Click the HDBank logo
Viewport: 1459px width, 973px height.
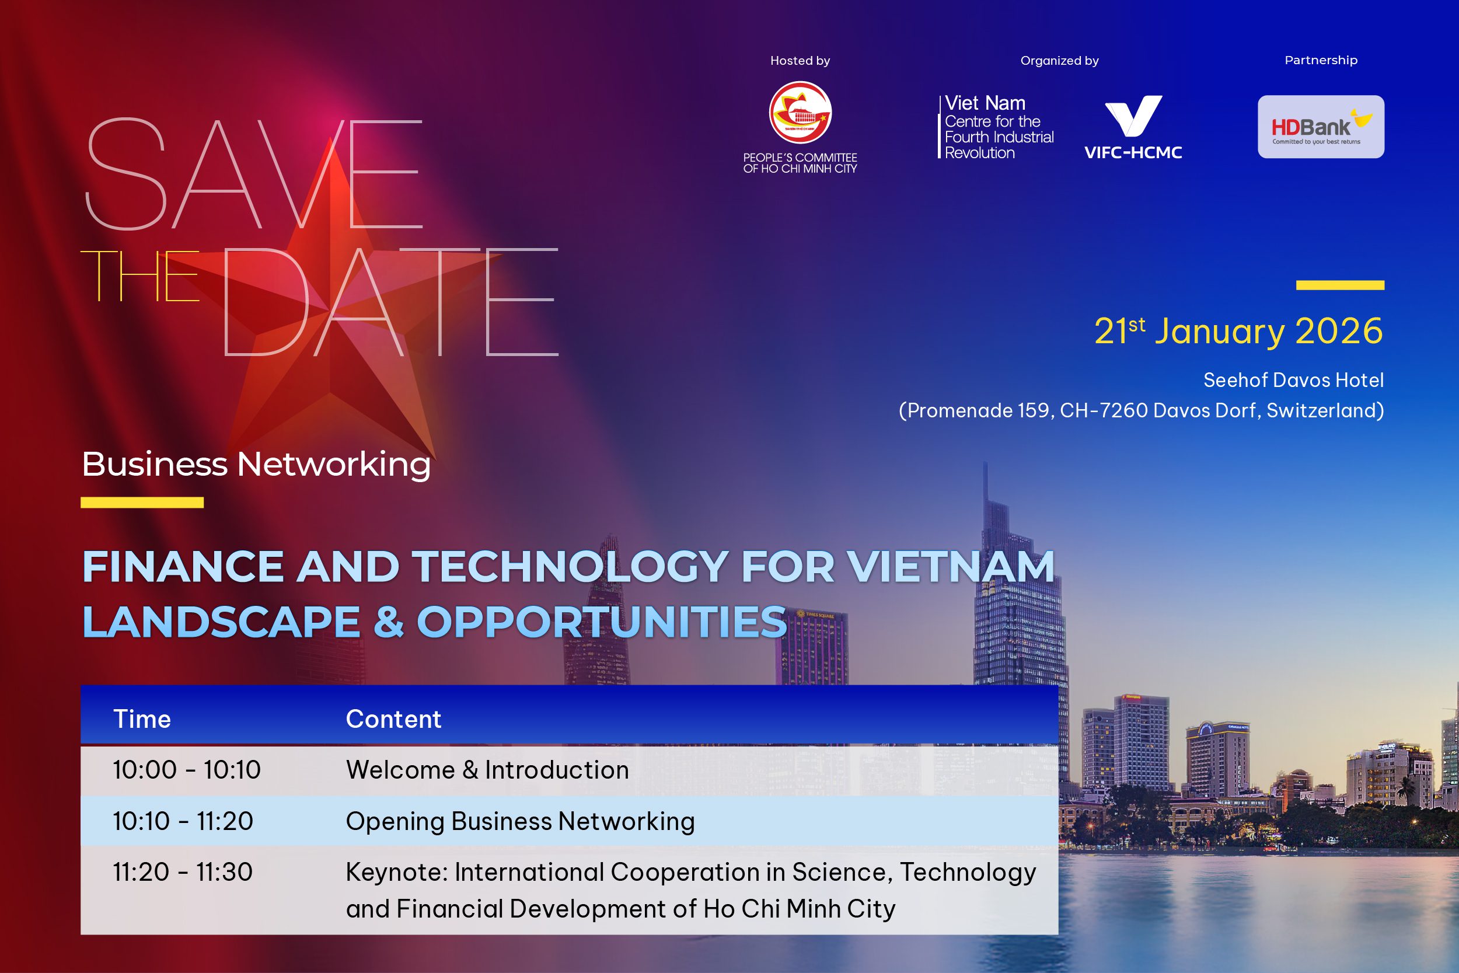1320,127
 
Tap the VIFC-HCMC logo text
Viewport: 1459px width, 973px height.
1133,152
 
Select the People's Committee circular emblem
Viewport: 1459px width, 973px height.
800,112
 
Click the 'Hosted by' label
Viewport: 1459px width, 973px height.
800,61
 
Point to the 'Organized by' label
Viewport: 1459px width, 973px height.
1059,61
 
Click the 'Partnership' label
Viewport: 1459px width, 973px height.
1321,60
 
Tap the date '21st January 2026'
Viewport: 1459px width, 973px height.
1238,330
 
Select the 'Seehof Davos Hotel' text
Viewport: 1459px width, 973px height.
1293,380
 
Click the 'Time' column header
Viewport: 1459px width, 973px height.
142,719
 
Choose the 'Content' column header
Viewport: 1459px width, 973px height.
393,719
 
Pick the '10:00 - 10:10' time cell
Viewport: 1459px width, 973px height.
187,770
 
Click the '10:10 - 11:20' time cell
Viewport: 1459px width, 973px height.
183,821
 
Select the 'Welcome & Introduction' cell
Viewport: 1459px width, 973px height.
487,770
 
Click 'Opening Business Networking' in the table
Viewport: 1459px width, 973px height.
520,821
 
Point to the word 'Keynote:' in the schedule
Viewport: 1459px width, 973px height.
396,872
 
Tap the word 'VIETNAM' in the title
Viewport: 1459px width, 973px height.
951,567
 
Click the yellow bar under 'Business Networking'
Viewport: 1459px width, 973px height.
142,503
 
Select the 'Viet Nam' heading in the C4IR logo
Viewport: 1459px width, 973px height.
985,103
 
